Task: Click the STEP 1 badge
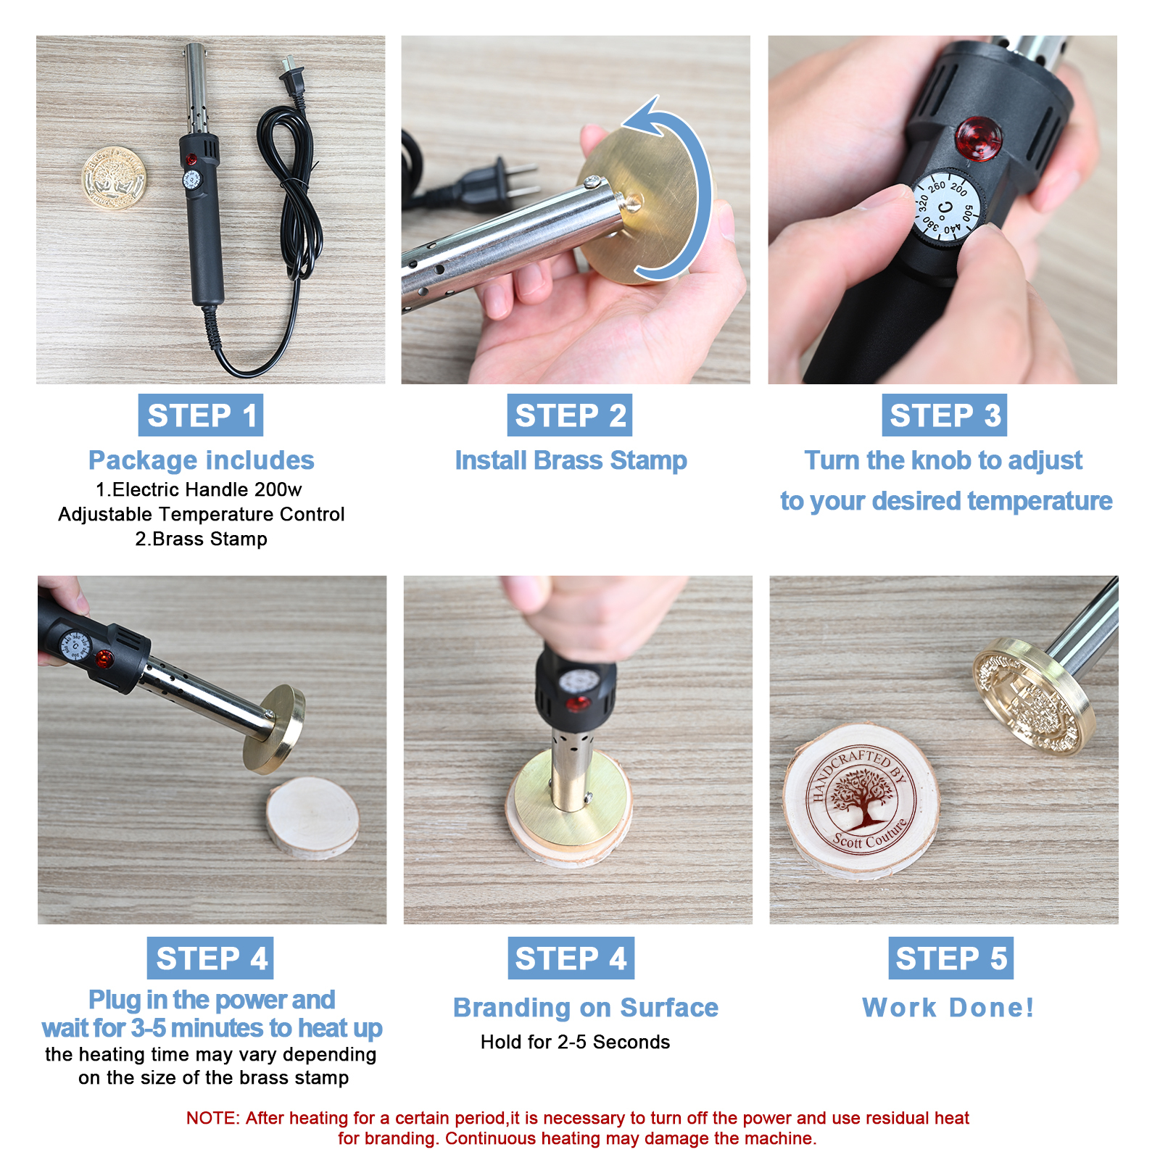[201, 415]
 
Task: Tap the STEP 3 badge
[945, 415]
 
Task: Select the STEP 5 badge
[951, 958]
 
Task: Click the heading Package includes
[202, 460]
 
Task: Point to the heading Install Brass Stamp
[571, 461]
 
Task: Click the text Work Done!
[948, 1008]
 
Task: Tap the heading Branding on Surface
[586, 1008]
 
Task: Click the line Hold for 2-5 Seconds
[575, 1043]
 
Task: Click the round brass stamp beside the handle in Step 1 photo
[114, 178]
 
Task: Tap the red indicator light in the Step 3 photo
[979, 138]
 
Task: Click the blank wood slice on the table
[312, 816]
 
